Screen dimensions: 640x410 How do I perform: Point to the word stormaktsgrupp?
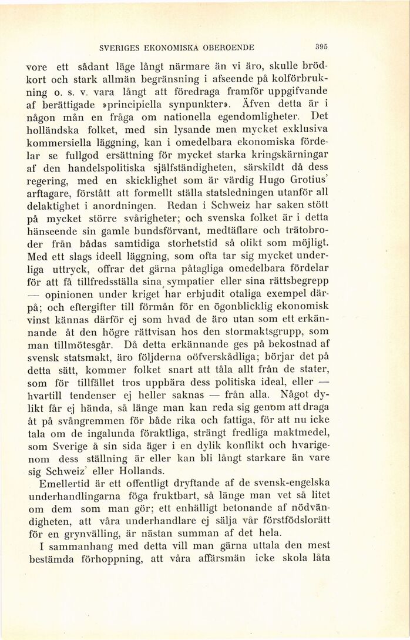coord(273,331)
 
